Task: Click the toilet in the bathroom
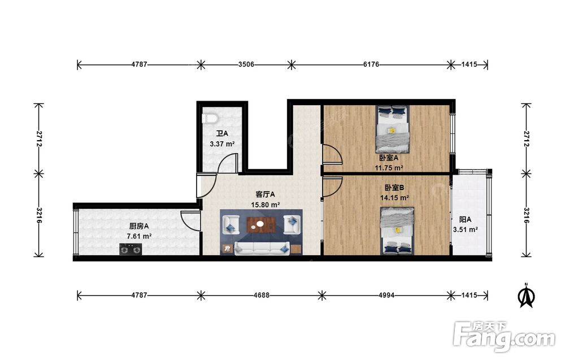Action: click(x=210, y=118)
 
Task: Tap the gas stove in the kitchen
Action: click(x=131, y=249)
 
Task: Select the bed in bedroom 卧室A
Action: click(x=393, y=129)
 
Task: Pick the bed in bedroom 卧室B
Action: click(x=397, y=231)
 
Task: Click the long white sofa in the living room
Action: click(x=262, y=248)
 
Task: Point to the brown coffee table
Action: click(x=260, y=225)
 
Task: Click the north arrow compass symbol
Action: click(x=526, y=295)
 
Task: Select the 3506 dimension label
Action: click(x=246, y=64)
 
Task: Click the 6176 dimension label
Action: click(x=371, y=64)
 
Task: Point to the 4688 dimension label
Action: click(x=261, y=295)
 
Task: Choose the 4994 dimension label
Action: click(x=386, y=295)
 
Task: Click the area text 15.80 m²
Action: click(x=266, y=205)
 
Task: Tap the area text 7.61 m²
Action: click(x=139, y=236)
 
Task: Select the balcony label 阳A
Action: click(x=465, y=219)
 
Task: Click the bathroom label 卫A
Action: click(x=222, y=134)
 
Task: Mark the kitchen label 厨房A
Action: click(x=139, y=226)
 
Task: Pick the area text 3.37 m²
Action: click(x=222, y=144)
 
